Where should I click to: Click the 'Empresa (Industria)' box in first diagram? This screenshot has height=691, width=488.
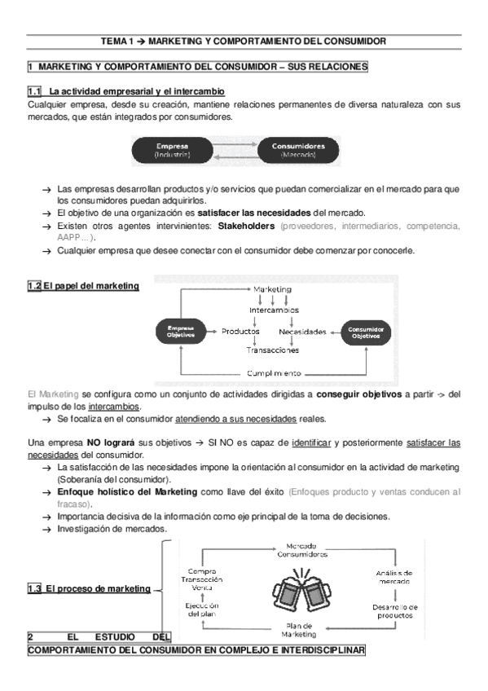click(x=172, y=150)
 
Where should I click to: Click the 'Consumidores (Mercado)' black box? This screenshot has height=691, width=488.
click(x=297, y=150)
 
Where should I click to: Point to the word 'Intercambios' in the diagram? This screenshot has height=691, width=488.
click(x=274, y=310)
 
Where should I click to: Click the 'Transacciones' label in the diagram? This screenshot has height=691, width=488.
click(x=273, y=350)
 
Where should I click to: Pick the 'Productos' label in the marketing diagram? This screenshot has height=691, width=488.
click(x=240, y=332)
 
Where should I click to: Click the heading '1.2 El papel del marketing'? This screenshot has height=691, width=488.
click(x=83, y=285)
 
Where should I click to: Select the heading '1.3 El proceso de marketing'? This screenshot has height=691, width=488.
click(x=90, y=588)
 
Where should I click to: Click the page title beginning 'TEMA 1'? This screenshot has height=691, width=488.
click(x=244, y=40)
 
